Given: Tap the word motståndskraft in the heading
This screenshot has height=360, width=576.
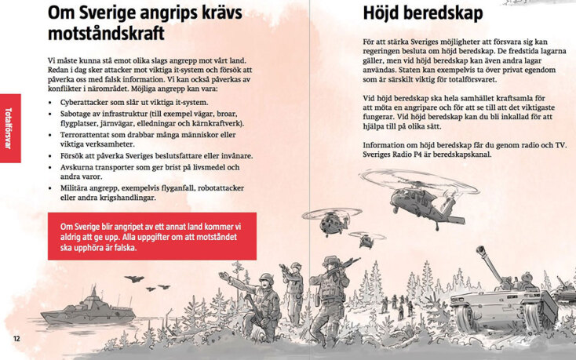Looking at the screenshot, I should click(x=106, y=34).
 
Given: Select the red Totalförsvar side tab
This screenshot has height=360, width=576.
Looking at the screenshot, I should click(x=9, y=129).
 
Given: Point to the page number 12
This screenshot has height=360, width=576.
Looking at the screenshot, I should click(x=16, y=338).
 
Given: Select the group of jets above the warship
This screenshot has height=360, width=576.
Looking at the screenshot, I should click(x=134, y=278).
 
